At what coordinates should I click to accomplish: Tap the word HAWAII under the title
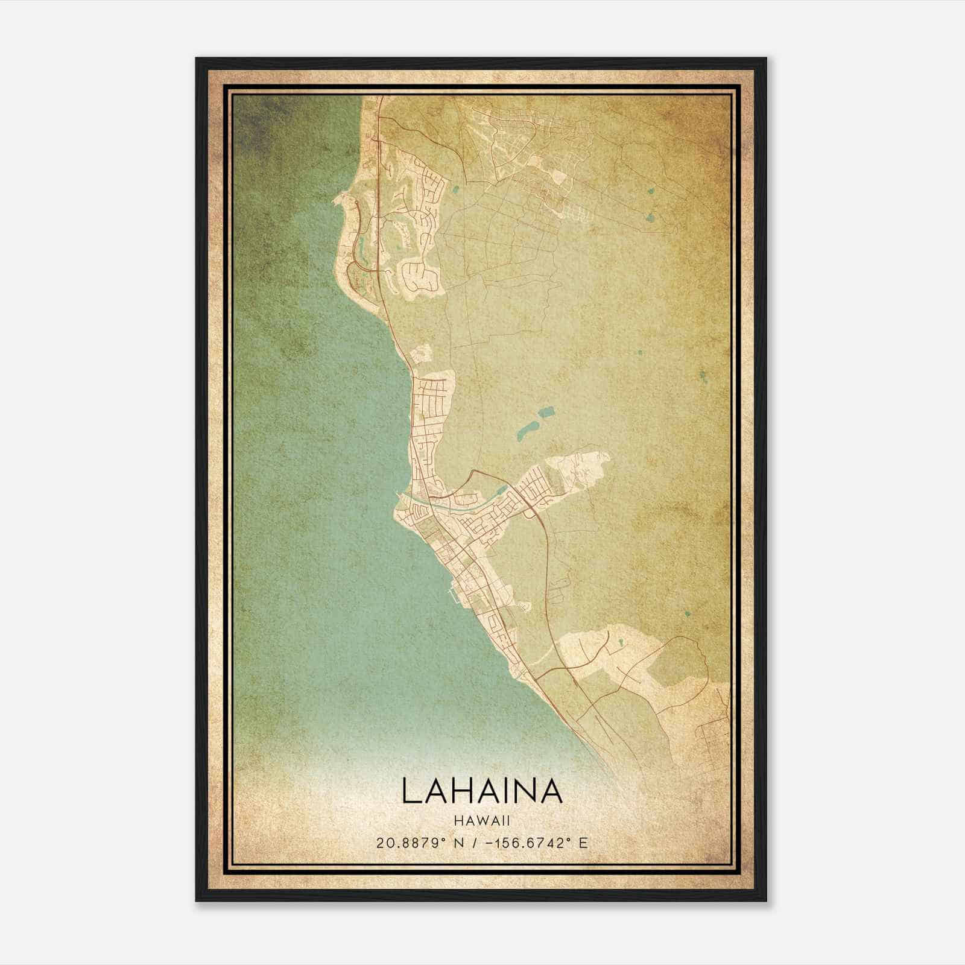click(482, 821)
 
